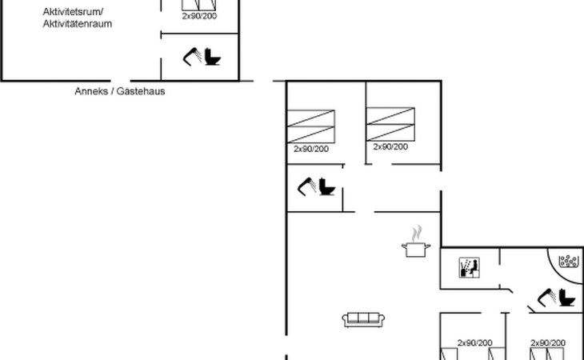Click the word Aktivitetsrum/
[73, 12]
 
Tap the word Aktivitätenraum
[77, 24]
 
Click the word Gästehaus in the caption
[141, 91]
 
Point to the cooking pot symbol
[416, 249]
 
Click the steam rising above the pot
[417, 233]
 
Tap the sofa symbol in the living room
[363, 320]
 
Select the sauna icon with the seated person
[470, 268]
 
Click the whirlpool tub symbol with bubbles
[569, 261]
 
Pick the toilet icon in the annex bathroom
[213, 57]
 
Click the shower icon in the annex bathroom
[192, 57]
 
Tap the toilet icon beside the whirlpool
[567, 298]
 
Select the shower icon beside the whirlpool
[546, 298]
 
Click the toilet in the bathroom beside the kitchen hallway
[327, 186]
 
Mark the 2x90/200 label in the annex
[199, 16]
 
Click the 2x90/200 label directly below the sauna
[475, 343]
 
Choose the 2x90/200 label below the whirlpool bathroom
[548, 343]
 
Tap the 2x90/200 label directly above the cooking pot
[390, 146]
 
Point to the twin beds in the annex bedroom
[199, 6]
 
